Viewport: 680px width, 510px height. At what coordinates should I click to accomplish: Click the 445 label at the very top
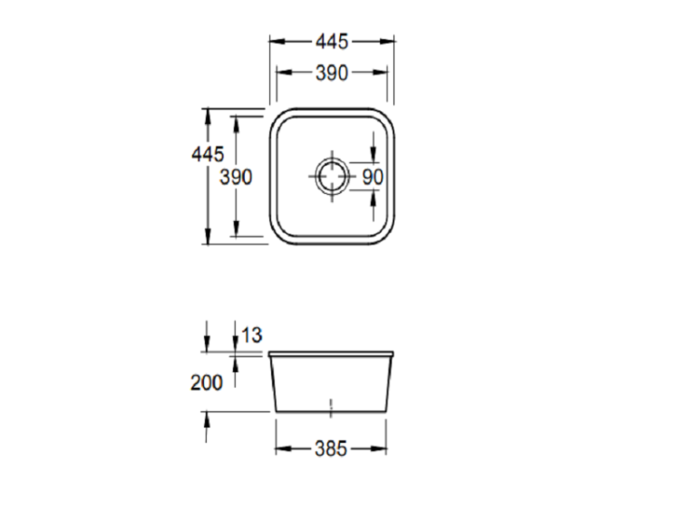pos(332,42)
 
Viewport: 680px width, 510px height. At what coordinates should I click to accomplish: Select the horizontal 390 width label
pos(332,73)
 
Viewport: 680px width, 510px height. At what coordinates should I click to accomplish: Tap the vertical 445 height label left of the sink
pos(208,154)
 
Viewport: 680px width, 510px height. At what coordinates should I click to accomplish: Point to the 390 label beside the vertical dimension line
pos(236,178)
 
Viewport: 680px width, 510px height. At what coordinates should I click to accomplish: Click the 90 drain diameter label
pos(373,177)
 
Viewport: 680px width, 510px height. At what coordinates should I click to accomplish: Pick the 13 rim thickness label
pos(251,335)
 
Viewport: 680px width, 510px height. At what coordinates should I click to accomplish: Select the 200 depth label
pos(207,382)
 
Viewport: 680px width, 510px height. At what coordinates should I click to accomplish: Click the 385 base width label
pos(331,449)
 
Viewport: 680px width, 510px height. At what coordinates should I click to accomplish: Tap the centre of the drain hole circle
pos(332,177)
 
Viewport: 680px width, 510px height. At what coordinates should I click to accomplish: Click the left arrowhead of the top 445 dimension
pos(277,42)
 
